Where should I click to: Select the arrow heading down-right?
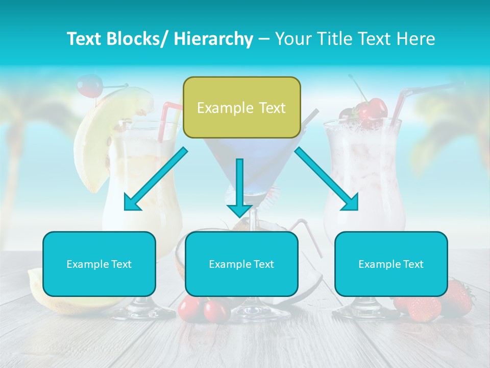(327, 179)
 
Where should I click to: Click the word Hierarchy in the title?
(213, 39)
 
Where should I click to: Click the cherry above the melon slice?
(89, 85)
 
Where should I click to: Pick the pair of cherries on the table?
(204, 309)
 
